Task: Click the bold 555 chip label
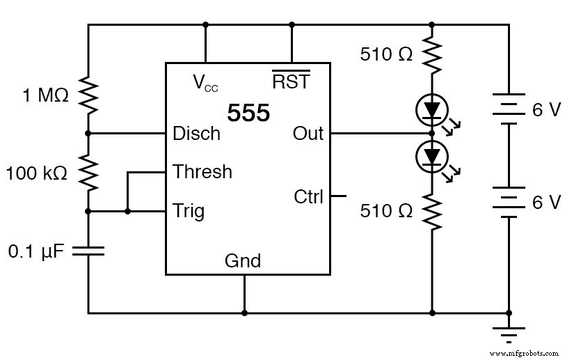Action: click(248, 113)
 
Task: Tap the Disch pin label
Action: click(196, 133)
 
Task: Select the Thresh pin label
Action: click(202, 171)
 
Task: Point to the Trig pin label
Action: click(189, 210)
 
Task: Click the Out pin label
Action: click(308, 133)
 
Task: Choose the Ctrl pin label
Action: click(308, 197)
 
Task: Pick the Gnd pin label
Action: click(243, 261)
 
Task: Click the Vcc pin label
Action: click(205, 83)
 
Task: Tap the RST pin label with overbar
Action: click(291, 81)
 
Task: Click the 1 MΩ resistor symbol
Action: click(88, 95)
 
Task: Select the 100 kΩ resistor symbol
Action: click(88, 172)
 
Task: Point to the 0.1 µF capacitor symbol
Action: click(88, 250)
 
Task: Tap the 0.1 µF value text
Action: click(35, 250)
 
